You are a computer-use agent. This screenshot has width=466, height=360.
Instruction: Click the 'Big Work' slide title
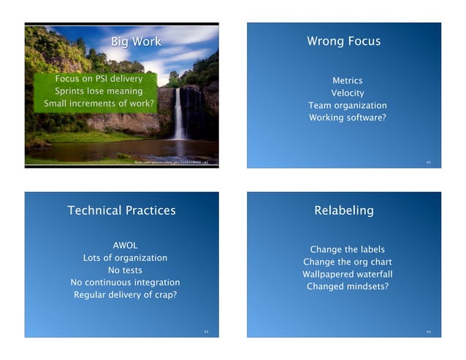(135, 41)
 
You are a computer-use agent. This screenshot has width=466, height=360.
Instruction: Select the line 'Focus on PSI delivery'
(99, 78)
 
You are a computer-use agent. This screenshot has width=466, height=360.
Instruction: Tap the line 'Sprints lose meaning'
(99, 91)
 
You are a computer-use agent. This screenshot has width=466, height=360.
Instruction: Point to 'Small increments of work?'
(99, 104)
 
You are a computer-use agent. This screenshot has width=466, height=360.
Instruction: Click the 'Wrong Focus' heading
(343, 41)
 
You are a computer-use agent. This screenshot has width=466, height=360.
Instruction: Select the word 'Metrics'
(347, 80)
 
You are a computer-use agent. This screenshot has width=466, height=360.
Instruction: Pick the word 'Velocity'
(347, 93)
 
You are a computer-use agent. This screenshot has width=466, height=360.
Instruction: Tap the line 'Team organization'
(347, 105)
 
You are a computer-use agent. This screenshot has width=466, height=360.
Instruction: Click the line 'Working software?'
(347, 118)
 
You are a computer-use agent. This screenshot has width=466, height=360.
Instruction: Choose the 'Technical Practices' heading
(121, 210)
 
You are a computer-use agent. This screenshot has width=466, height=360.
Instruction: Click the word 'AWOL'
(125, 245)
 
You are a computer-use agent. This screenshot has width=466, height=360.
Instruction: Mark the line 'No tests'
(125, 270)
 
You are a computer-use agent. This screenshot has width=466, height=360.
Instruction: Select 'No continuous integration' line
(125, 283)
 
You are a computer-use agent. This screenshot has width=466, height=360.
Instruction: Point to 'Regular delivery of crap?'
(125, 295)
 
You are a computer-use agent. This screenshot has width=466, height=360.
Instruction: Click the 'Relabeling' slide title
(343, 210)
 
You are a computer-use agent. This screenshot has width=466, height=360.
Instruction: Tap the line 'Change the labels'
(347, 250)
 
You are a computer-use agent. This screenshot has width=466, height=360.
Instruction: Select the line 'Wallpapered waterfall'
(347, 275)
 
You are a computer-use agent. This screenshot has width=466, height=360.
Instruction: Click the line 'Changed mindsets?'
(347, 287)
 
